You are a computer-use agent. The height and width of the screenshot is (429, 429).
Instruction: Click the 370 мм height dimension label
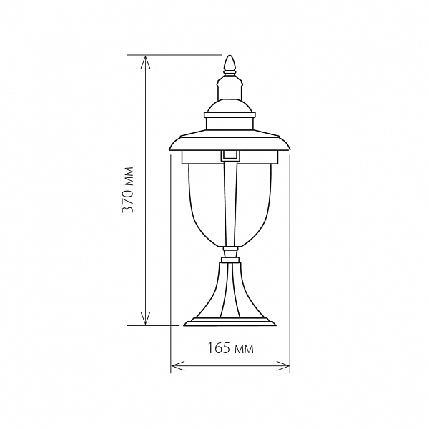127,189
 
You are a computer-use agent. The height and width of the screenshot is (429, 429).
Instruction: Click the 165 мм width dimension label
230,349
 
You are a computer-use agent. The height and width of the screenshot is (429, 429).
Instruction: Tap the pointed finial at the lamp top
230,65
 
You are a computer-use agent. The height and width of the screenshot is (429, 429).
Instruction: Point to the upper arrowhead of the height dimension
145,61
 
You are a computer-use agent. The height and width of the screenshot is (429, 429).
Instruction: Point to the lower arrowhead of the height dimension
145,318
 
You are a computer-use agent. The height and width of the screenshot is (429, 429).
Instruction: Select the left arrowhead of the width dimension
177,366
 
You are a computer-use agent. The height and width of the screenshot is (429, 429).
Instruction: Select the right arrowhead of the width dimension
283,366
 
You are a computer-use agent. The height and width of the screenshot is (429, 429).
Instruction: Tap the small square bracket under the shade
230,155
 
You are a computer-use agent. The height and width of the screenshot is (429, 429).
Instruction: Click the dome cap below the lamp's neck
230,106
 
